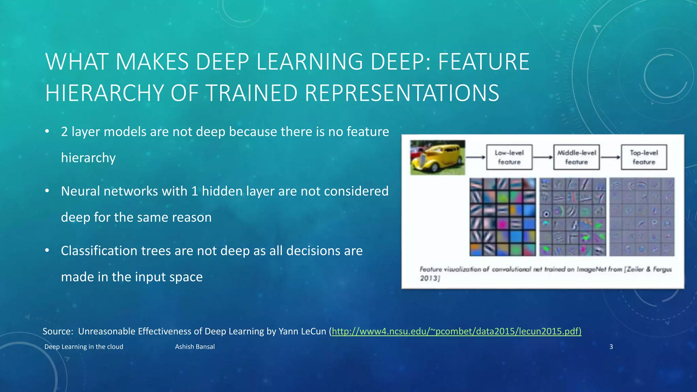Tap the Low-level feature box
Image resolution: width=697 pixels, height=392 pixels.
coord(509,157)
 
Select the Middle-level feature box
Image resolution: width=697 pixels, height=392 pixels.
coord(577,157)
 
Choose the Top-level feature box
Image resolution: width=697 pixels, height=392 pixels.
coord(644,157)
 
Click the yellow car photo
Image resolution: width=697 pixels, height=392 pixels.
coord(437,158)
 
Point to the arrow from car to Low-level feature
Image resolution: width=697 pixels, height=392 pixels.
coord(475,157)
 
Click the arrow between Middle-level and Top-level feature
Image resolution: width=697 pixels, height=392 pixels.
coord(610,157)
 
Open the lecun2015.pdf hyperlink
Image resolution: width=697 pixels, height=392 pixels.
coord(456,331)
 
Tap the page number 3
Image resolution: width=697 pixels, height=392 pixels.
coord(611,347)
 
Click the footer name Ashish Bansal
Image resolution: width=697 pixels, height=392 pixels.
coord(195,347)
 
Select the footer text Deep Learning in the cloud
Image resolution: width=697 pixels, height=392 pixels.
coord(84,347)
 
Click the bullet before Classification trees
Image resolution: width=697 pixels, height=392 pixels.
coord(47,251)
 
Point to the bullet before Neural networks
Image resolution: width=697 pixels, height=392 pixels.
coord(47,191)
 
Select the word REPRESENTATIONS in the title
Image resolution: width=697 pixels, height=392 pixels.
coord(402,93)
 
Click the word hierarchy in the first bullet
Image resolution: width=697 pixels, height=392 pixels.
coord(88,158)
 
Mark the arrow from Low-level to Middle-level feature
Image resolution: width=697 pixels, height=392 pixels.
coord(543,157)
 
